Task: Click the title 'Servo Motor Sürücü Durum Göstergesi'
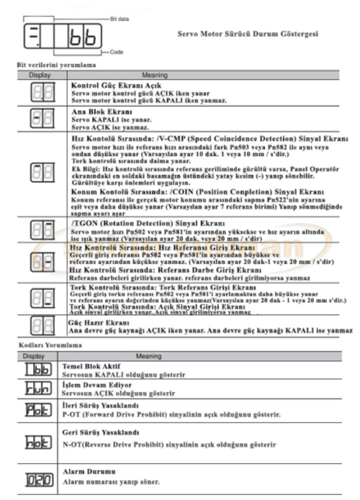[248, 35]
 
